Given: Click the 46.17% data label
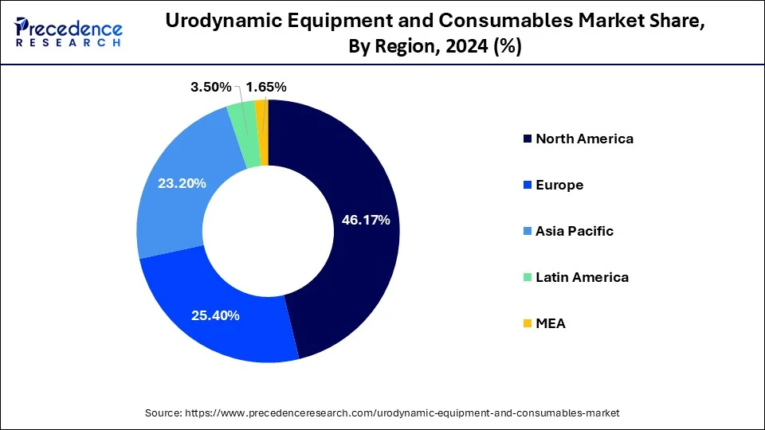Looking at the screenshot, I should [x=366, y=221].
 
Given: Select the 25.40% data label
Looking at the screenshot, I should [x=215, y=315].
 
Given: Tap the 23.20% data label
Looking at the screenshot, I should [x=182, y=184].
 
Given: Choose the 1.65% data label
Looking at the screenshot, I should [x=266, y=87].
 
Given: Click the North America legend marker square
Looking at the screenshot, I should [x=527, y=139].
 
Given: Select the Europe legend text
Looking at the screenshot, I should [x=559, y=185].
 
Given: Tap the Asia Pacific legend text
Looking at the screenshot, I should [x=575, y=231].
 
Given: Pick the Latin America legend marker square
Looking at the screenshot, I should [x=527, y=278].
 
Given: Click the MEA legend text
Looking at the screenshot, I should [x=551, y=323].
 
